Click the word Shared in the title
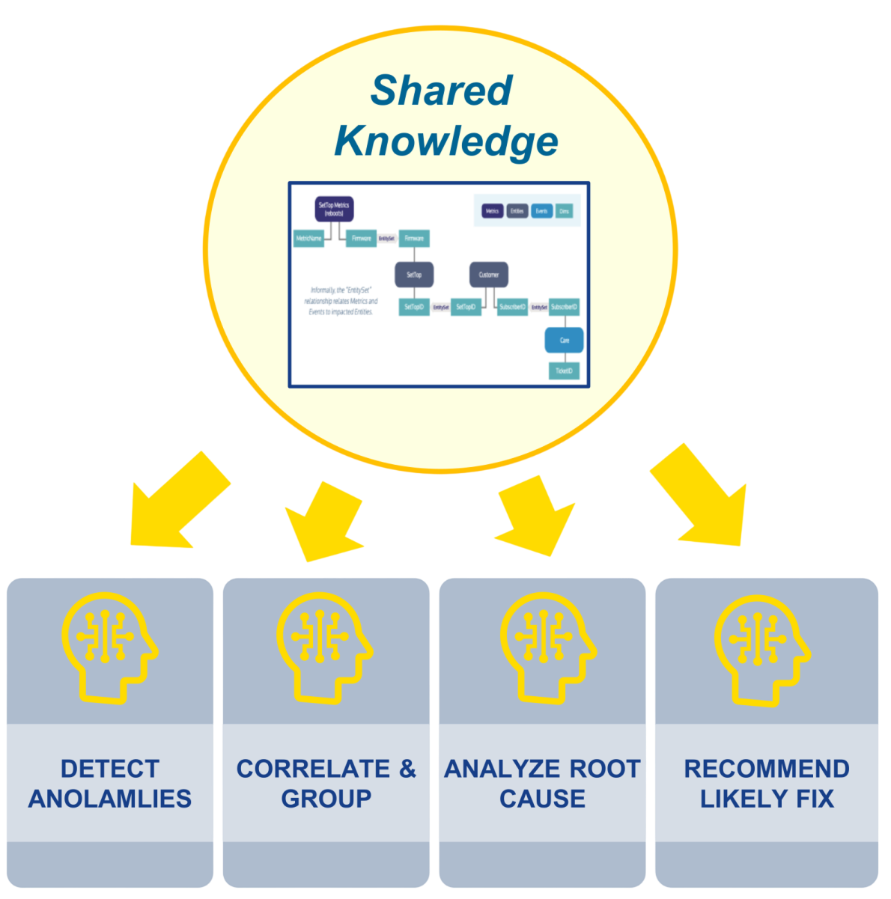(441, 91)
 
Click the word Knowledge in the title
(446, 141)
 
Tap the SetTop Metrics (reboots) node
(333, 209)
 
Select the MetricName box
(308, 239)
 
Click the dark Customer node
(489, 275)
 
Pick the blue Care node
(564, 340)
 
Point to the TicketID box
(564, 371)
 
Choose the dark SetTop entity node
(414, 275)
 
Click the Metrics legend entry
(492, 211)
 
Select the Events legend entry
(541, 211)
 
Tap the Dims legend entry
(565, 211)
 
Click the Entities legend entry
(517, 211)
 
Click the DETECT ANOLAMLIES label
(110, 783)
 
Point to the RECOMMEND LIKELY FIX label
(767, 783)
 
